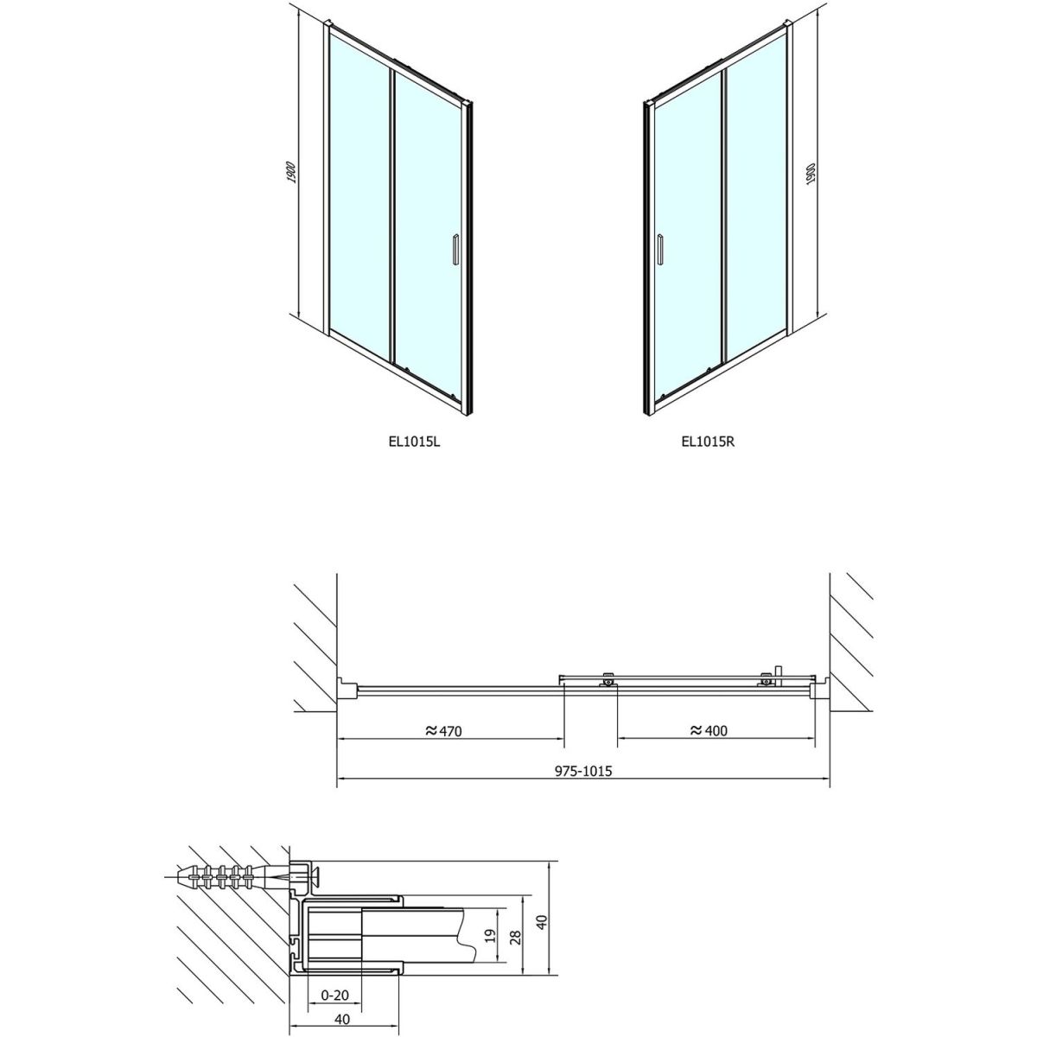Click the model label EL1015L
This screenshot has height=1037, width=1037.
click(414, 442)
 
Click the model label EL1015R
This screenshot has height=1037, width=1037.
click(708, 442)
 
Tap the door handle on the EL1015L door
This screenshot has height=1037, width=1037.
click(455, 249)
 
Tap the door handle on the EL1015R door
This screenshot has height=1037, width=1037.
click(659, 249)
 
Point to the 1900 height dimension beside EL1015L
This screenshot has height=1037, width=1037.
click(291, 172)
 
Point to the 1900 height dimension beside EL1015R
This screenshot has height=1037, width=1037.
click(811, 174)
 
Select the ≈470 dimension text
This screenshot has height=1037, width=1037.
click(443, 730)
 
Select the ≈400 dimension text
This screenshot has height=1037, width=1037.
click(709, 730)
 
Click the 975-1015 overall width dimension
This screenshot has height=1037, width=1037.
click(583, 771)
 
